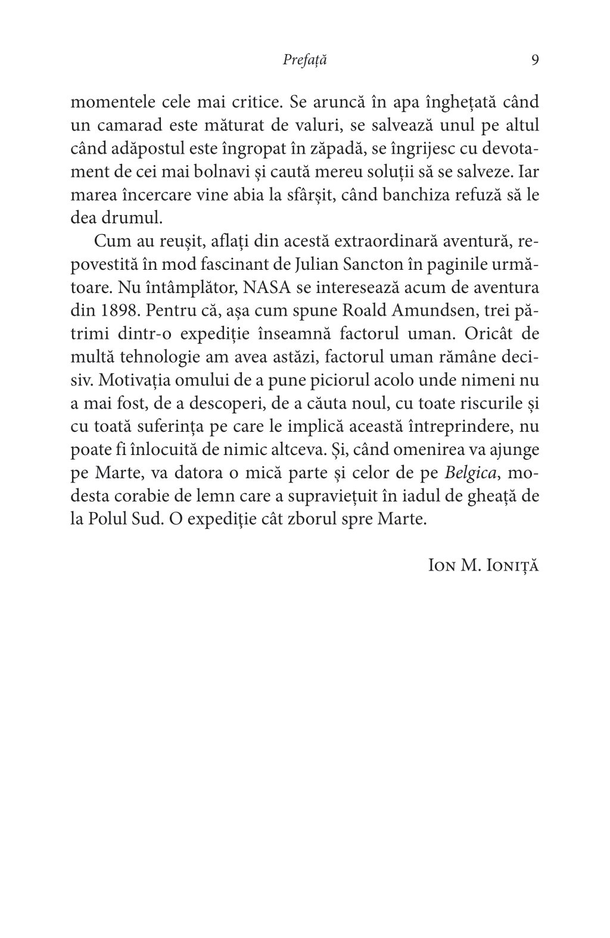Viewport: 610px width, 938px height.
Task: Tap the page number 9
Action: (x=534, y=60)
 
